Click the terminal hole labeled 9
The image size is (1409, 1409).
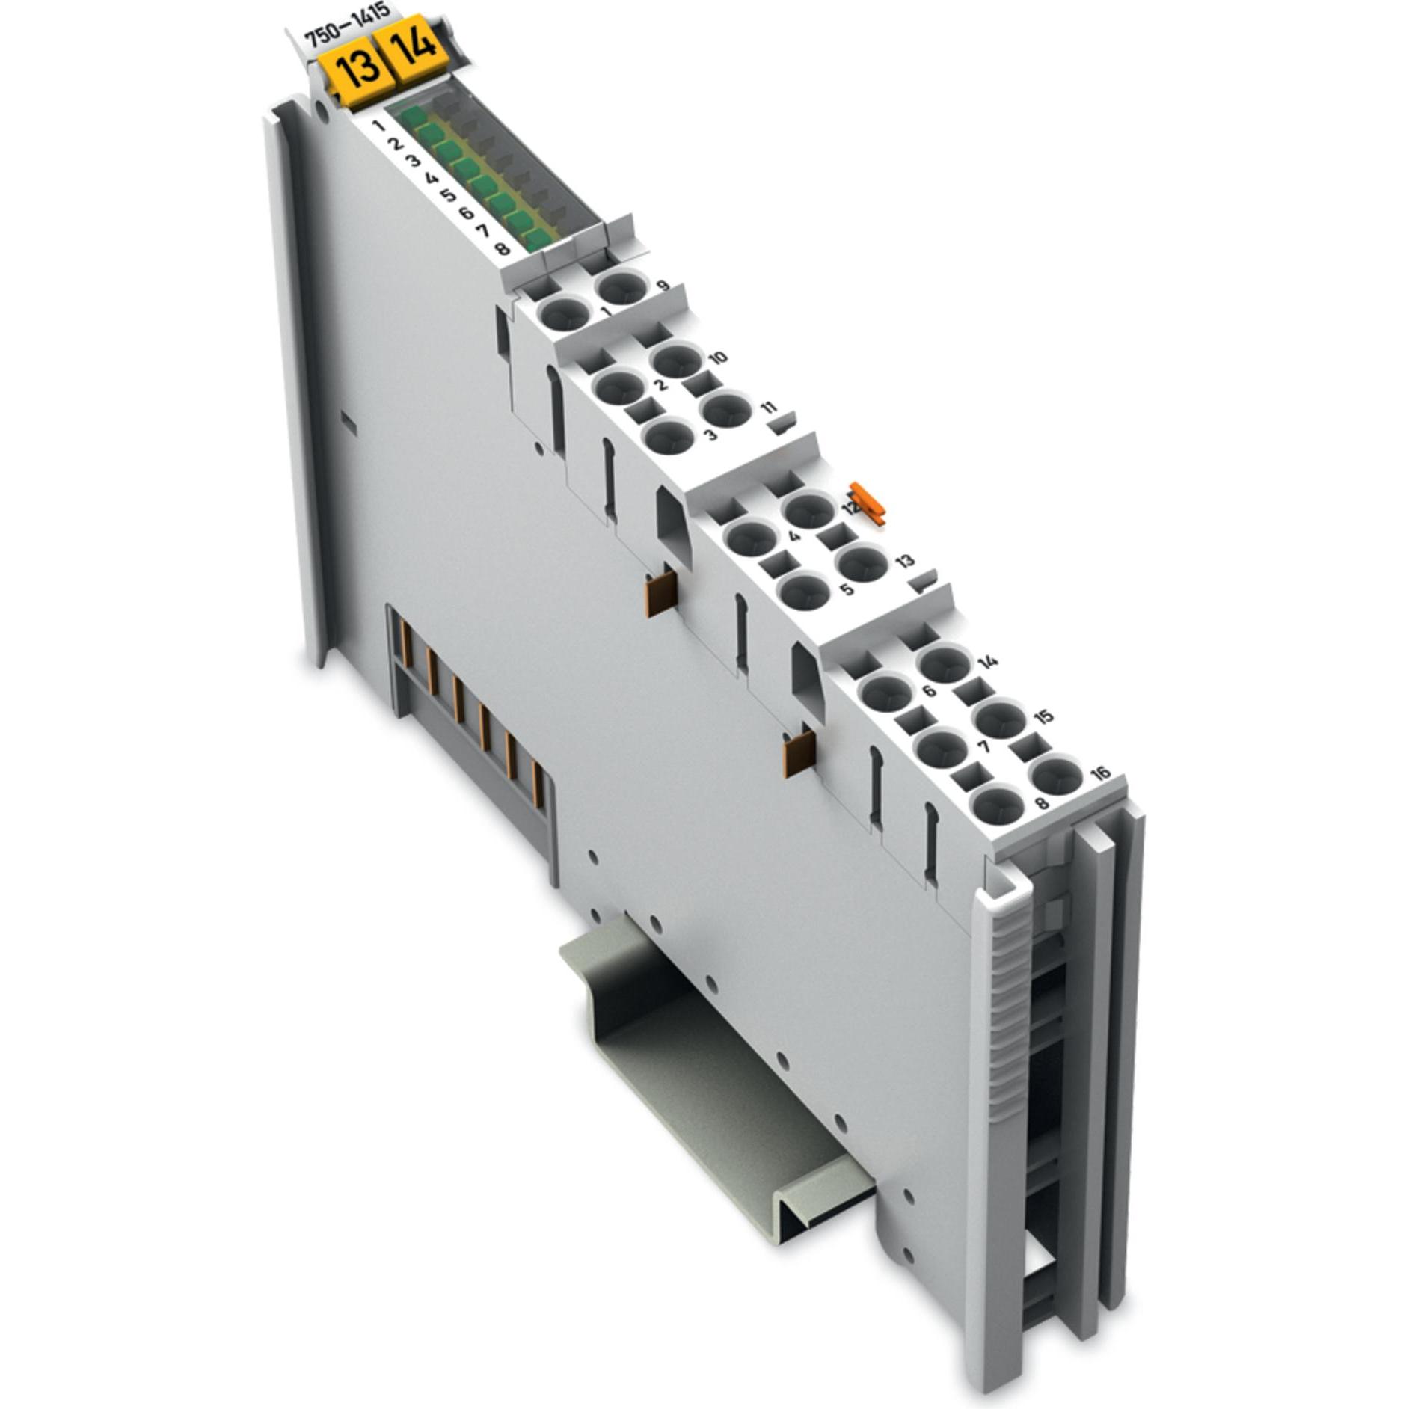point(621,286)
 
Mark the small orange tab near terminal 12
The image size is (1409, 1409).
point(868,500)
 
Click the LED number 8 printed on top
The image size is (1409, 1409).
point(503,248)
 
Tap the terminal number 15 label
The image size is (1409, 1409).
point(1044,716)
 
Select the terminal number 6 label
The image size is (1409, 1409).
point(930,690)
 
